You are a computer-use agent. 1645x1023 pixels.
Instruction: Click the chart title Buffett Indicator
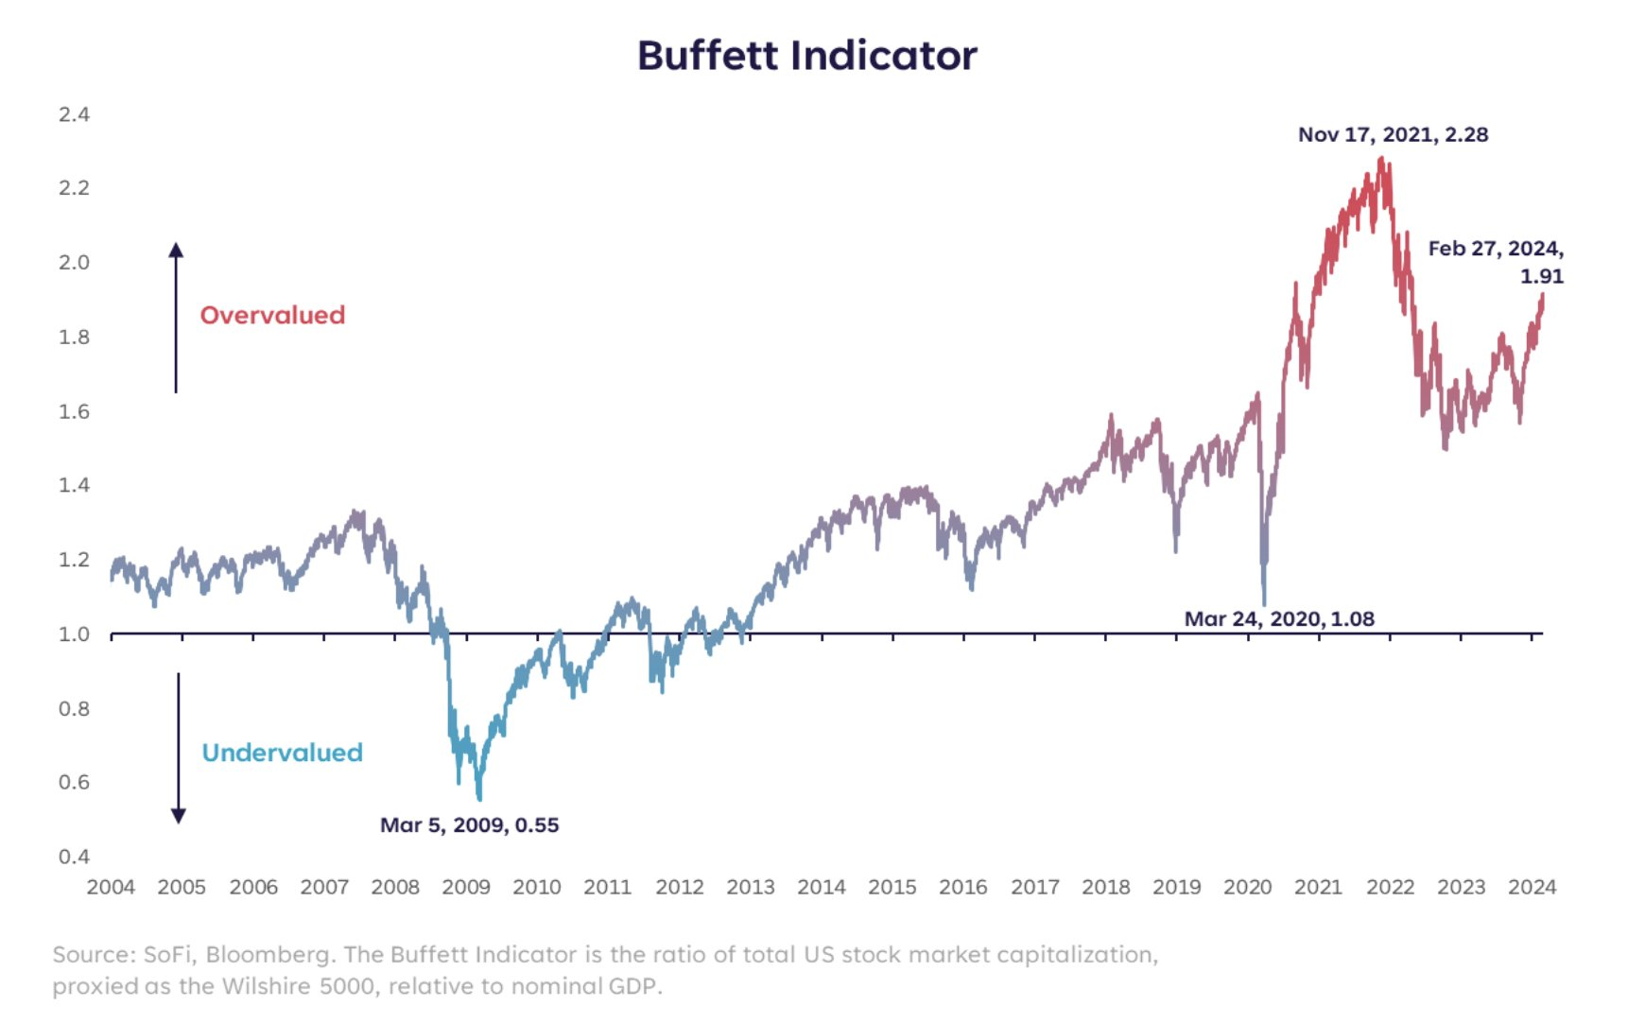[x=806, y=56]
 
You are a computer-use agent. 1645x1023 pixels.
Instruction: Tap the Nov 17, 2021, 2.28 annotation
[x=1393, y=134]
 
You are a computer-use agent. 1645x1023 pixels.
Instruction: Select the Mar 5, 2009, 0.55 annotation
[x=469, y=824]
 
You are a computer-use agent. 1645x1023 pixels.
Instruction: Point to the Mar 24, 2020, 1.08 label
[x=1279, y=618]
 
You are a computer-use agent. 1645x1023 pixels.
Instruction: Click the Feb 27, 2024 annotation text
[x=1495, y=249]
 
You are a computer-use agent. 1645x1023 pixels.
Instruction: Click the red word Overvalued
[x=272, y=315]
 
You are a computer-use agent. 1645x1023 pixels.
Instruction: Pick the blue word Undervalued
[x=282, y=753]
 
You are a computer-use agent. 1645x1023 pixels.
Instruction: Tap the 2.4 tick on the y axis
[x=74, y=114]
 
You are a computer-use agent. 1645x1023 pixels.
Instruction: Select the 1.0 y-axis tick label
[x=74, y=633]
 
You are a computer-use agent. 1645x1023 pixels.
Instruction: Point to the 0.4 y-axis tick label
[x=74, y=857]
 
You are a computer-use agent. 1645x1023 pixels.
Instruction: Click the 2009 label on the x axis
[x=466, y=887]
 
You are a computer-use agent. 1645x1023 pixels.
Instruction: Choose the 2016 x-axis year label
[x=962, y=887]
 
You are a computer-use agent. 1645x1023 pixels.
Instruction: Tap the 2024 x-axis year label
[x=1532, y=887]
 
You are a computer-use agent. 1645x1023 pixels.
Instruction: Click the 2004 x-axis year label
[x=111, y=887]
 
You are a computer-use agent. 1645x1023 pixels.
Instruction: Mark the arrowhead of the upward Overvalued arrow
[x=176, y=250]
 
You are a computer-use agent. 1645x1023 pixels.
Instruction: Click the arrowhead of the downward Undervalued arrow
[x=178, y=816]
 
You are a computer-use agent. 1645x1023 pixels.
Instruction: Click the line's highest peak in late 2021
[x=1382, y=160]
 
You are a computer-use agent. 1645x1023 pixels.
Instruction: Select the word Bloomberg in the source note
[x=268, y=954]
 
